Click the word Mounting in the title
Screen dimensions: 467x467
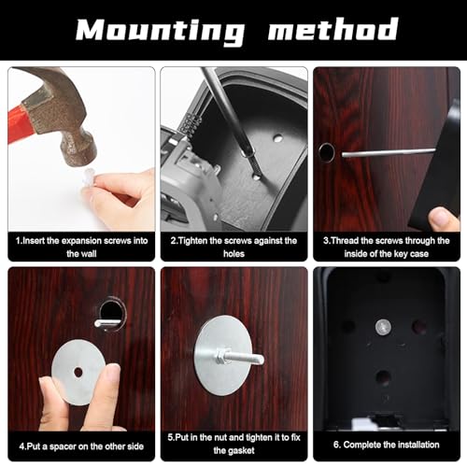click(161, 30)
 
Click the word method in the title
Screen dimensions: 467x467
click(333, 29)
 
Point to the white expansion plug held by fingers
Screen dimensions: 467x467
click(88, 177)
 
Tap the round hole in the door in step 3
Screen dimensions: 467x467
click(326, 153)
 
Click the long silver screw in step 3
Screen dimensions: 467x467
click(389, 152)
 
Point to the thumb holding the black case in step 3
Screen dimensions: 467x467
click(441, 219)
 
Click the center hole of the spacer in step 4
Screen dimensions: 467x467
click(78, 372)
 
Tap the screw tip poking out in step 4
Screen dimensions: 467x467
click(106, 323)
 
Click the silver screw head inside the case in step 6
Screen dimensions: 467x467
click(383, 327)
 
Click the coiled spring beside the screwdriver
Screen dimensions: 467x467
click(187, 124)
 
